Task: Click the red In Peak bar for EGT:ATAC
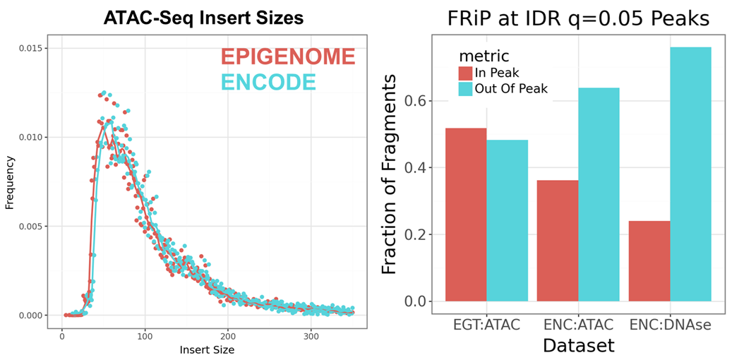point(465,215)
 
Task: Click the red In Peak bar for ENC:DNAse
point(649,261)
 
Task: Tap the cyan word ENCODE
point(268,82)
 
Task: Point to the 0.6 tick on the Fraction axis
point(419,100)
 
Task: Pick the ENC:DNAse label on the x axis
point(669,325)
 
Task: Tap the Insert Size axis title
point(206,349)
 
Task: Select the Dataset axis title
point(578,346)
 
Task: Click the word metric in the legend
point(483,54)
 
